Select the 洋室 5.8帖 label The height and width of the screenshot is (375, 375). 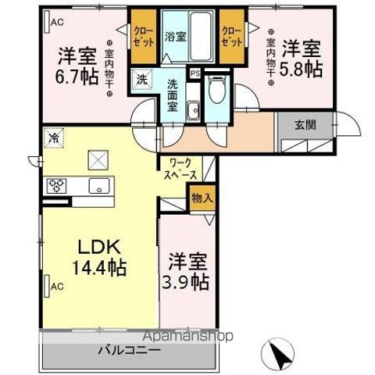(x=301, y=56)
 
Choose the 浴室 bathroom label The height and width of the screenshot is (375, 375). (x=175, y=36)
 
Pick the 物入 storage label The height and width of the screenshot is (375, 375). (x=202, y=198)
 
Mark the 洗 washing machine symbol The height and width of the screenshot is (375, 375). (x=141, y=78)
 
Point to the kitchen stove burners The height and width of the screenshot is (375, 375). (x=57, y=186)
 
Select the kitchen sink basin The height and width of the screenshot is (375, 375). (x=99, y=185)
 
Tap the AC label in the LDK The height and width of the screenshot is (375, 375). (x=55, y=287)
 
